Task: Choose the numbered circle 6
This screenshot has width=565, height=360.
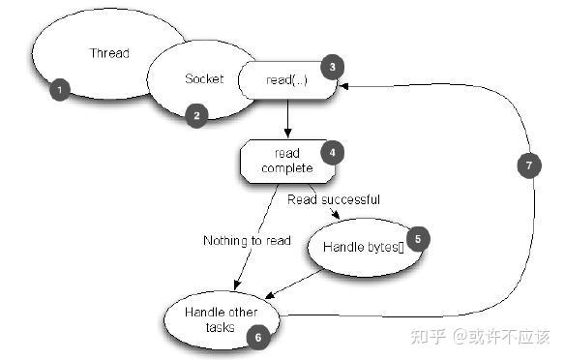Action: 257,336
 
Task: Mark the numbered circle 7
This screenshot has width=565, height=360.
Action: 526,165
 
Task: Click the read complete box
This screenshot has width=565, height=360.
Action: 286,161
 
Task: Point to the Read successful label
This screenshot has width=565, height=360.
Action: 334,199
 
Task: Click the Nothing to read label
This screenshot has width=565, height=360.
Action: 247,240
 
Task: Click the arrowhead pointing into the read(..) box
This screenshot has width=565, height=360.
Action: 343,85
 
